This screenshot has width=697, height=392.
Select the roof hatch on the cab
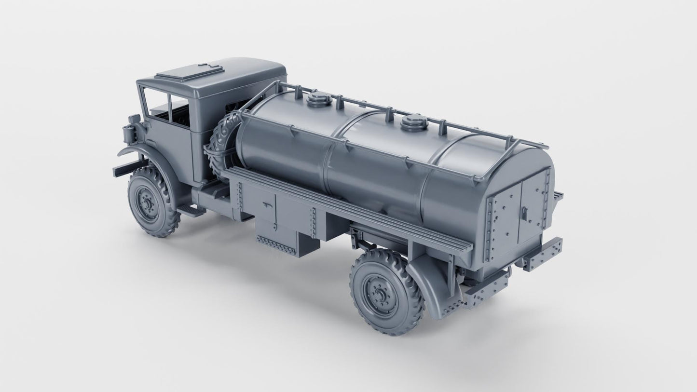[x=190, y=72]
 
